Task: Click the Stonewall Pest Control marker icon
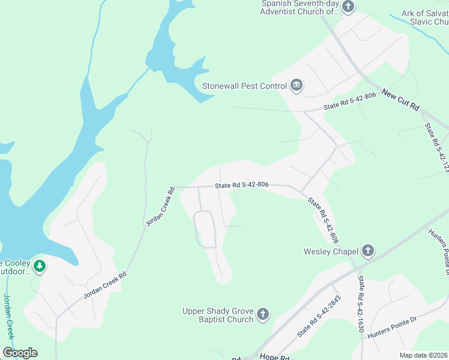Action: click(296, 86)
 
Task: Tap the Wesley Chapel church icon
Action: click(368, 251)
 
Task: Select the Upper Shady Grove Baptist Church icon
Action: click(262, 314)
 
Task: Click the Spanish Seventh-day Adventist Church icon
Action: click(348, 7)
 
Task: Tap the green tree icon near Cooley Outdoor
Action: click(40, 265)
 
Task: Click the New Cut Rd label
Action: click(400, 100)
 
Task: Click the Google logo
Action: click(20, 352)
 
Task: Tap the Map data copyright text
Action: click(424, 355)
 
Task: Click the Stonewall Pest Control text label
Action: click(244, 86)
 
